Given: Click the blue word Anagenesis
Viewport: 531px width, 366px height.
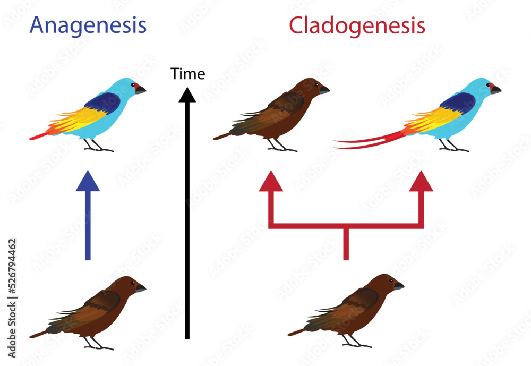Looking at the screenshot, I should point(88,25).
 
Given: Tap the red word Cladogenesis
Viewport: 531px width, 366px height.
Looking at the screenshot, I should point(357,25).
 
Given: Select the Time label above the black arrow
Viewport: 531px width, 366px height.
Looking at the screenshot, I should point(188,74).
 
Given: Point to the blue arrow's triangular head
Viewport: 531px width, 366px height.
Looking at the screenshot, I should point(88,182).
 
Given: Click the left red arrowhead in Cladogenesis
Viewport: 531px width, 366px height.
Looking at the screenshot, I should point(271,182).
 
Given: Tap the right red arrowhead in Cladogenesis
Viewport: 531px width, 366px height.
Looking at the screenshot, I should point(421,182).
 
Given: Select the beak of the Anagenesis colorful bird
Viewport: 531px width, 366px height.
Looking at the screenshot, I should point(140,90).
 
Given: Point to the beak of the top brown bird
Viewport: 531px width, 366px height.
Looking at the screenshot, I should point(324,90).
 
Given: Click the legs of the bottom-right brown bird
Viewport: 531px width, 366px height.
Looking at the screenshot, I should point(350,340).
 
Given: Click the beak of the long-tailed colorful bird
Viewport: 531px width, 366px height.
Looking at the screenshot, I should point(495,90).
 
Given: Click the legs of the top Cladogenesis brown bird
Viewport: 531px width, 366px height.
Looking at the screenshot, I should point(276,145).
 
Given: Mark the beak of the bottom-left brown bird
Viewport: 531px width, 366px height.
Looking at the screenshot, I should point(140,288).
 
